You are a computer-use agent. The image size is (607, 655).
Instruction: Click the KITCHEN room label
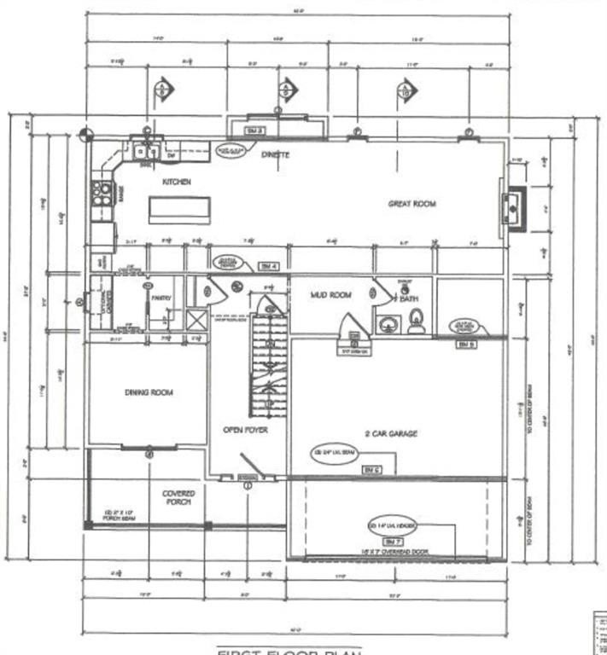tap(177, 182)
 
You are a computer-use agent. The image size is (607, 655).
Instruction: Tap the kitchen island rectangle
tap(179, 209)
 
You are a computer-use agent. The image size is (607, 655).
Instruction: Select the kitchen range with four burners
tap(102, 193)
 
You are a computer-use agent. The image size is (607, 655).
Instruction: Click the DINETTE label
tap(275, 154)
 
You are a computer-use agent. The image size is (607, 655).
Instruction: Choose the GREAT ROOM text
tap(412, 204)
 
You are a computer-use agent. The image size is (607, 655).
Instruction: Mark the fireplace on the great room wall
tap(514, 208)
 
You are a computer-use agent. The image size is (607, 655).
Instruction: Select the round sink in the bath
tap(389, 324)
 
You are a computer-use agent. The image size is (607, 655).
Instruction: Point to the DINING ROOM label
tap(149, 392)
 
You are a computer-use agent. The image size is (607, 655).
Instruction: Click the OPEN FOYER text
tap(245, 430)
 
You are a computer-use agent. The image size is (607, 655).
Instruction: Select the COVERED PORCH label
tap(178, 498)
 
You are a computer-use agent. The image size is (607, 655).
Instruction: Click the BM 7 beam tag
tap(390, 542)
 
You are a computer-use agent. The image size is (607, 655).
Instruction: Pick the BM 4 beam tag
tap(269, 266)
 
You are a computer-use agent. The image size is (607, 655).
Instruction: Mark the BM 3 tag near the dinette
tap(253, 130)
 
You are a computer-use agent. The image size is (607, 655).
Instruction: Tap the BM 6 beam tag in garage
tap(371, 469)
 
